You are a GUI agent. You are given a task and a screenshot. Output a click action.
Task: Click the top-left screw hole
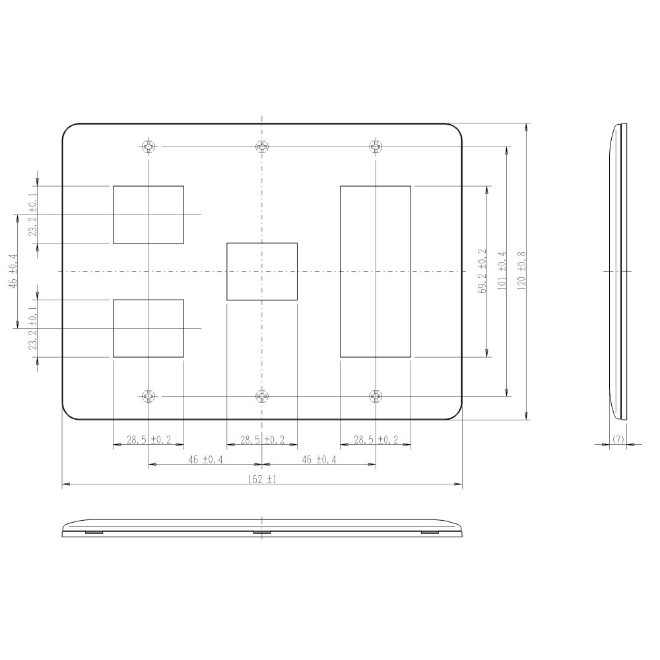tap(148, 147)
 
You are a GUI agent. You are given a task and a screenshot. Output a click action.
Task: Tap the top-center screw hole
tap(262, 147)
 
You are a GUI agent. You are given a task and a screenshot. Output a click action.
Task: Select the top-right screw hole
tap(376, 147)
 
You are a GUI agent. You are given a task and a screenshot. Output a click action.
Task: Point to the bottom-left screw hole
tap(148, 396)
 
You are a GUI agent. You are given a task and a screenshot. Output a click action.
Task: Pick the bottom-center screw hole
tap(262, 396)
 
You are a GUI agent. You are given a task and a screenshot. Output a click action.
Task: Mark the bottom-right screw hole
tap(376, 396)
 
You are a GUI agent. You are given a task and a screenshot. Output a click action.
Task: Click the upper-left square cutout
tap(148, 214)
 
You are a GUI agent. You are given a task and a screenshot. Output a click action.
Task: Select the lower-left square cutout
tap(148, 328)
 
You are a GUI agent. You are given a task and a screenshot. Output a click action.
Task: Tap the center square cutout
tap(262, 271)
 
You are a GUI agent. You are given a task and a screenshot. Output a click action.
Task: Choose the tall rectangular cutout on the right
tap(376, 271)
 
